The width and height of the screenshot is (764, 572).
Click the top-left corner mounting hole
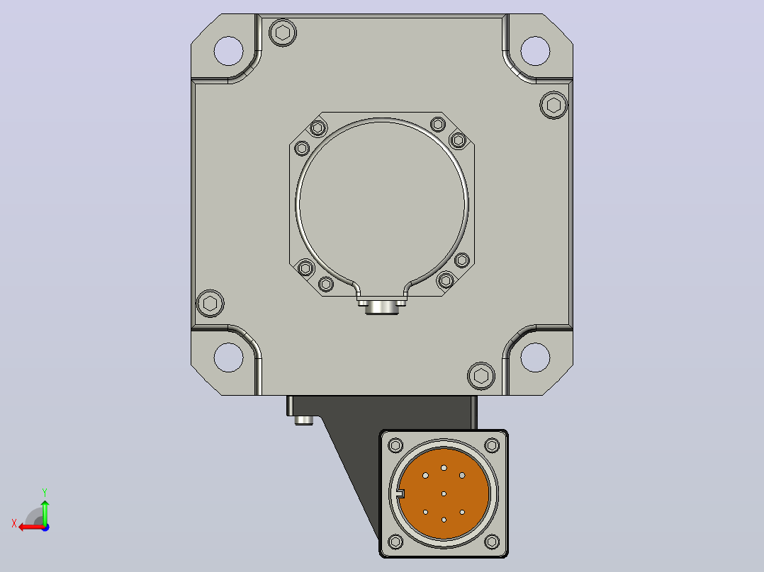(228, 51)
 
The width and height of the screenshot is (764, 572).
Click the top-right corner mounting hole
(536, 51)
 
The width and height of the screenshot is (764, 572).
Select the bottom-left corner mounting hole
(228, 357)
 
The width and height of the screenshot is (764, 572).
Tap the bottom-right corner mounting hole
(536, 357)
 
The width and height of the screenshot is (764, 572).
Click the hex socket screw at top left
(283, 33)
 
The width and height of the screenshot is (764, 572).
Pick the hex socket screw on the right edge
(554, 105)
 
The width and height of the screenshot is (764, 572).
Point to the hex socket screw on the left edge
(210, 303)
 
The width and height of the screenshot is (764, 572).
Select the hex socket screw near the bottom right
(481, 376)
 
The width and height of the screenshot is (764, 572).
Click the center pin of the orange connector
(444, 493)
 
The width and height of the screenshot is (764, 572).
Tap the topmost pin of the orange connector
(444, 468)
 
